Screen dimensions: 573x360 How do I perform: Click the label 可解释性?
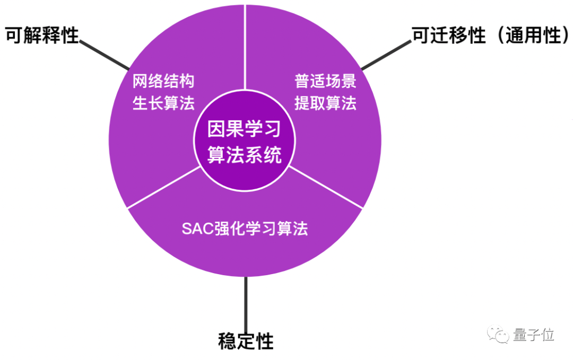click(42, 36)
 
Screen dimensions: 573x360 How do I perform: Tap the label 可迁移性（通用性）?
click(490, 36)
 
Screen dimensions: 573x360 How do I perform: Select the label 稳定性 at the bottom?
click(246, 341)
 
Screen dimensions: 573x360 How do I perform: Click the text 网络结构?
click(163, 81)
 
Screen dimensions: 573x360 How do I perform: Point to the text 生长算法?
click(163, 103)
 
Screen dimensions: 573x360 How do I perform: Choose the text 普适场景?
click(325, 81)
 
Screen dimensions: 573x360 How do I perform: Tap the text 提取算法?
click(325, 103)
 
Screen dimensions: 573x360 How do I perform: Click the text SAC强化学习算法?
click(245, 229)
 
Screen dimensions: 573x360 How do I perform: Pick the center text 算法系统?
click(244, 155)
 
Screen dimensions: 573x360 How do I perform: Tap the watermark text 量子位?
click(534, 335)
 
